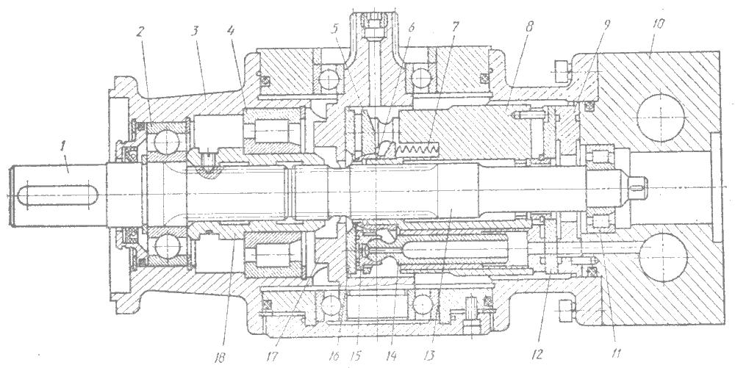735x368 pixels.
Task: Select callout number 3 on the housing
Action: click(x=196, y=32)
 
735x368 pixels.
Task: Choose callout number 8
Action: click(x=529, y=27)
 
